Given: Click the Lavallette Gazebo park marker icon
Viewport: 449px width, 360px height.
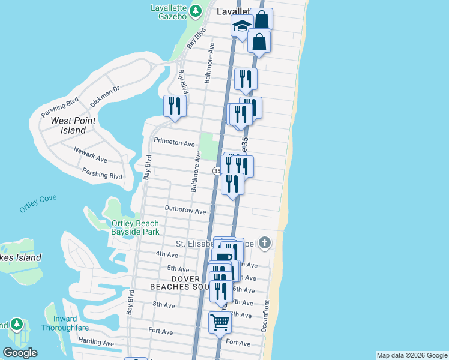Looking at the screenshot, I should (196, 11).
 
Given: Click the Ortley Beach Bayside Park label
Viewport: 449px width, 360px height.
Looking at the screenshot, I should (135, 227).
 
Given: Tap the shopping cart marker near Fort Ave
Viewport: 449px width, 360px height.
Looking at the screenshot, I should (220, 323).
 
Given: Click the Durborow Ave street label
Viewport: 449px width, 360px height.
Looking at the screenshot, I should (186, 211).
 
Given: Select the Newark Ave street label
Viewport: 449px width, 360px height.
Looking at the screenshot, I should (90, 155).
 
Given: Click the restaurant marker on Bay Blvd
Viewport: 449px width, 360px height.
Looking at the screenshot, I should (175, 106).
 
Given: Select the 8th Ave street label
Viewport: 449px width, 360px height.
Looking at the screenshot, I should (163, 305).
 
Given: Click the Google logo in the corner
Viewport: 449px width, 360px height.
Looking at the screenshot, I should (20, 353).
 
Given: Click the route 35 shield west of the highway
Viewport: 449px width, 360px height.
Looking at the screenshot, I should (217, 171).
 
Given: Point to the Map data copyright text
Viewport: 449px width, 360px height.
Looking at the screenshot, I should (411, 355).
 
